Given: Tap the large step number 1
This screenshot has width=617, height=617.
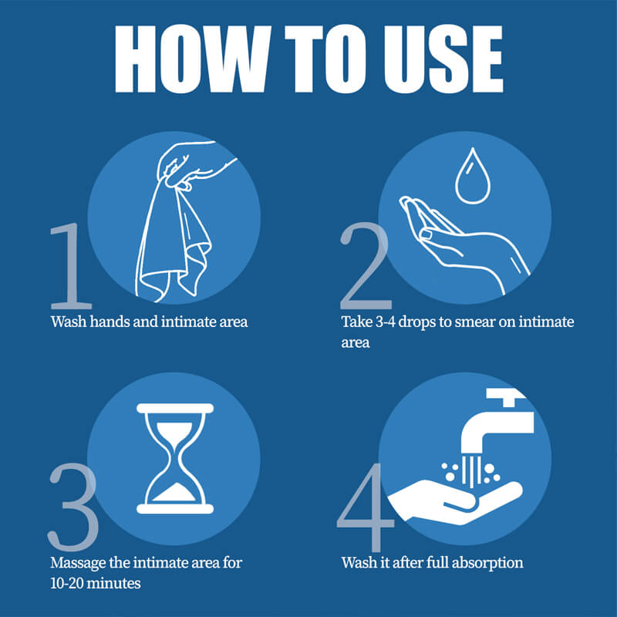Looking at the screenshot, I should coord(71,266).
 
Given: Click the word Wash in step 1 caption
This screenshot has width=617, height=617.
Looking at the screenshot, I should coord(68,321).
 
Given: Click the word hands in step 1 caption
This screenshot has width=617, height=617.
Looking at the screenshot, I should coord(110,321).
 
